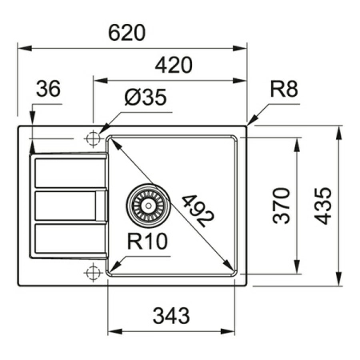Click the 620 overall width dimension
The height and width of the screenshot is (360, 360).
126,33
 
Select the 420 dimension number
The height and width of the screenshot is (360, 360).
174,65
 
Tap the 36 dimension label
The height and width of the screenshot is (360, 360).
48,89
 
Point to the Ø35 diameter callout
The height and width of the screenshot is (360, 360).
146,97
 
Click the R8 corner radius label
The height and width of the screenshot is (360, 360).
284,89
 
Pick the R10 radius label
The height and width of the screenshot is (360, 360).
147,241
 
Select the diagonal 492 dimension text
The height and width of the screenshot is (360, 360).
198,210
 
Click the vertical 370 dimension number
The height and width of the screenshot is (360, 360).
281,206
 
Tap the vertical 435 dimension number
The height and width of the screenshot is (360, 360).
322,206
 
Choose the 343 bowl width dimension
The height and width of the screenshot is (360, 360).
171,315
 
